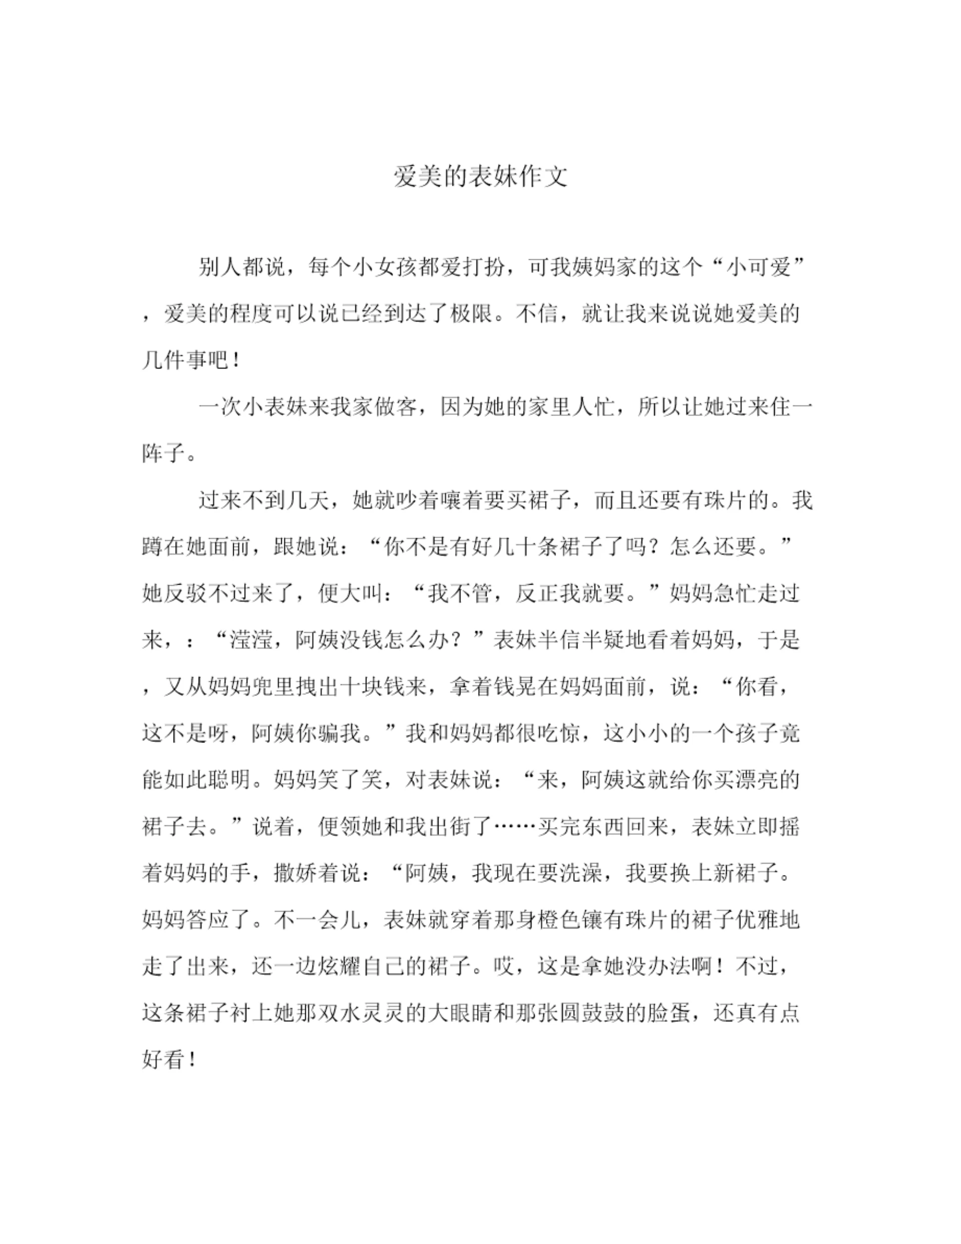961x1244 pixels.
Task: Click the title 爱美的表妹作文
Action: [480, 177]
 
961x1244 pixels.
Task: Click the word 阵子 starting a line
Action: [164, 454]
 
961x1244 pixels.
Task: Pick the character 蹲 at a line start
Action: [153, 547]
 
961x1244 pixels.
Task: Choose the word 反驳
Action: [186, 594]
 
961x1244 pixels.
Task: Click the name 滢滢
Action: [251, 640]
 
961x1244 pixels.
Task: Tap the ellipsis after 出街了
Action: [516, 826]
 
